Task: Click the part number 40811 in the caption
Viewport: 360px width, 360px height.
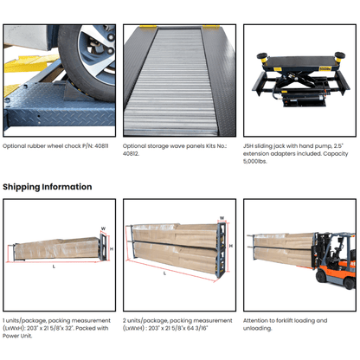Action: pyautogui.click(x=104, y=146)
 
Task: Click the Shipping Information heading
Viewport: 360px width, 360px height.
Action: pyautogui.click(x=47, y=187)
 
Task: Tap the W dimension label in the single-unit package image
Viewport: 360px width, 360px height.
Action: pyautogui.click(x=102, y=230)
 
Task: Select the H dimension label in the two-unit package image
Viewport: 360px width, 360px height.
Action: pyautogui.click(x=230, y=244)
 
